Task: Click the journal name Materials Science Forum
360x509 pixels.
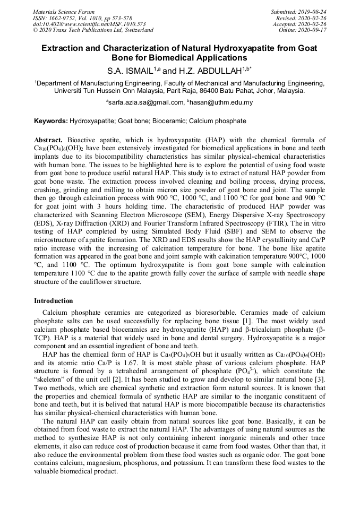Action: coord(64,12)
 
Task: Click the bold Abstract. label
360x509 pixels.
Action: coord(49,140)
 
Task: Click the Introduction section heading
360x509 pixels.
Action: coord(53,301)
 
